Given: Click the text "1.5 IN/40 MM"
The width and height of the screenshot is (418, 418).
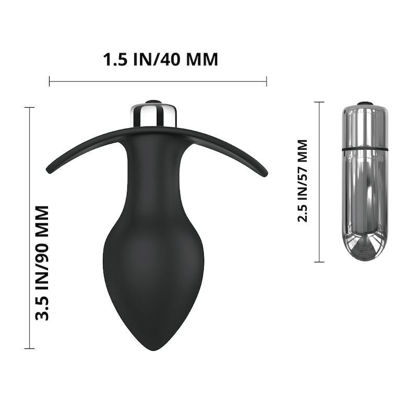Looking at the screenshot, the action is tap(160, 59).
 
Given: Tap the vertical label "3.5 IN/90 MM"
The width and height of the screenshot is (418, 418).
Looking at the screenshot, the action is tap(42, 263).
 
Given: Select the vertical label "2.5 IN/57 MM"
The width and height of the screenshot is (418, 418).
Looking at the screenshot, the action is tap(303, 181).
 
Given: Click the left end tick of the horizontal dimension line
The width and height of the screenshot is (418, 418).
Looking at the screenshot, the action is tap(49, 81).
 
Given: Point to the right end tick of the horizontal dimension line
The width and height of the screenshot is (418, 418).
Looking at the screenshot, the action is tap(266, 81).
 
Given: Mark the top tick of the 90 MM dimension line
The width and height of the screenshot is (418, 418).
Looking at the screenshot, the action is tap(29, 108).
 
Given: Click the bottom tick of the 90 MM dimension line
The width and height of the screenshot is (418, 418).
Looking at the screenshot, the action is tap(29, 349).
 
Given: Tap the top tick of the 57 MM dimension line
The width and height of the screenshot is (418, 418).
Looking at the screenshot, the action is tap(319, 102).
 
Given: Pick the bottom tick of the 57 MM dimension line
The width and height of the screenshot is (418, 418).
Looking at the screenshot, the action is tap(319, 262).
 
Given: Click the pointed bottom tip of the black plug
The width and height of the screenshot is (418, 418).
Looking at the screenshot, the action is tap(154, 350).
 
